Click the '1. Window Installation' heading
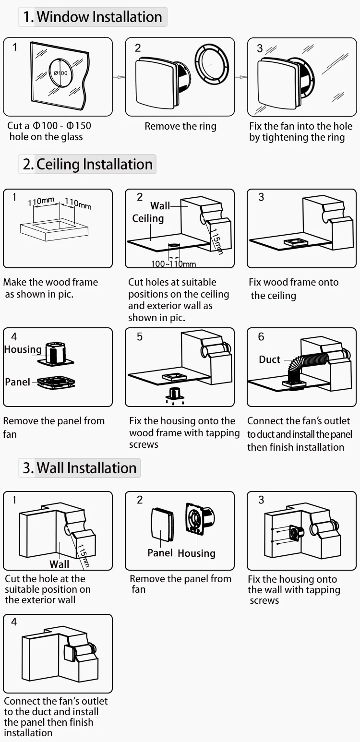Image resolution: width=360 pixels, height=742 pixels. [93, 17]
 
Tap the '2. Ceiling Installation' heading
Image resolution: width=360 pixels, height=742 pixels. [87, 164]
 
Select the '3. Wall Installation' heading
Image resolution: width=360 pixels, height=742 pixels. [80, 468]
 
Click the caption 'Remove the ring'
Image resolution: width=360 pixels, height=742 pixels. [180, 126]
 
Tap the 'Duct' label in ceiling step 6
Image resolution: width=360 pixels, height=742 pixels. [269, 359]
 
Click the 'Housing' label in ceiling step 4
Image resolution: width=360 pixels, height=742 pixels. [23, 349]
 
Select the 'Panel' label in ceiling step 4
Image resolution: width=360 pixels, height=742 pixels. [17, 382]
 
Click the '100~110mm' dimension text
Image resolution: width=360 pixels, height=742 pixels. [173, 263]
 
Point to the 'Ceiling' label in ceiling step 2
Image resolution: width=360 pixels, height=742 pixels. [148, 218]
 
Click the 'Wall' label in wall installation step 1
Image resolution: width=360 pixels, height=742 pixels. [59, 564]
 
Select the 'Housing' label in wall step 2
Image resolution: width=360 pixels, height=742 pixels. [196, 553]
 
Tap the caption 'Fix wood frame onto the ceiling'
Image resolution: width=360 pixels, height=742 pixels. [293, 288]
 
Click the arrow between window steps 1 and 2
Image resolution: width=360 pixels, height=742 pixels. [119, 77]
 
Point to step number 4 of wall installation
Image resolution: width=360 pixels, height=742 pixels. [14, 622]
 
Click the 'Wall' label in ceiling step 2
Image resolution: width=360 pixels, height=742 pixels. [160, 206]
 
